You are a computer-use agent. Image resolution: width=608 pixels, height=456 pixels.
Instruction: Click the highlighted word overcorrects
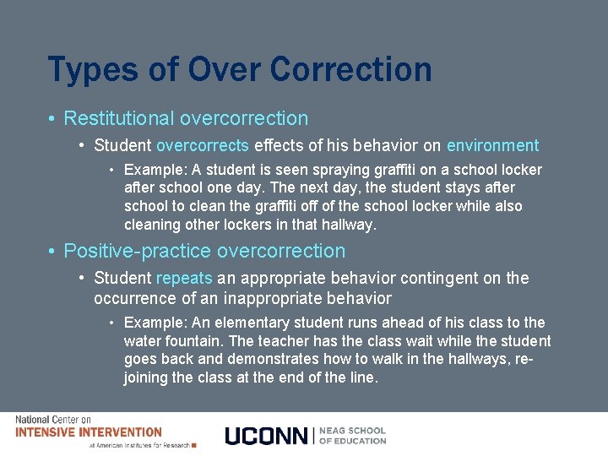[x=202, y=145]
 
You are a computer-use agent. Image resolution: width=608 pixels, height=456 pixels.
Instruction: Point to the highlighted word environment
[x=492, y=145]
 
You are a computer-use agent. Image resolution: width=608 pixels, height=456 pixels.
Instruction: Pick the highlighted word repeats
[x=184, y=278]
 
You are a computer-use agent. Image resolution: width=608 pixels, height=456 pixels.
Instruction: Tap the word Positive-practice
[x=138, y=251]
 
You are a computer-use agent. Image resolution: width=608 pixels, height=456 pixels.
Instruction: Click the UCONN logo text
[x=267, y=436]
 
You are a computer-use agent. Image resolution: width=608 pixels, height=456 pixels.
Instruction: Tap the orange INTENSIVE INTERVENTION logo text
[x=88, y=432]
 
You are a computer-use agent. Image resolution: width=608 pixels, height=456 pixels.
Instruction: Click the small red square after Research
[x=194, y=445]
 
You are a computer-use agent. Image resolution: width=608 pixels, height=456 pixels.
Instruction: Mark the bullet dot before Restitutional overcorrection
[x=52, y=119]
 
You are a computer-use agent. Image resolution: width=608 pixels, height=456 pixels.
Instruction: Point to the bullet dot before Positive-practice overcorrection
[x=52, y=252]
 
